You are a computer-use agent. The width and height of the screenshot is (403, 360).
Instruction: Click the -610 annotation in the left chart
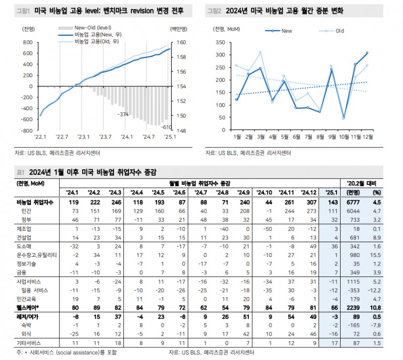tap(166, 127)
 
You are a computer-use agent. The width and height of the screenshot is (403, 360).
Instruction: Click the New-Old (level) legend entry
tap(93, 28)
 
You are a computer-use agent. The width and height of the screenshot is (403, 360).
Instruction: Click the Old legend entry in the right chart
tap(340, 31)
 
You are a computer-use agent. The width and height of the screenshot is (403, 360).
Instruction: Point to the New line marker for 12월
tap(367, 53)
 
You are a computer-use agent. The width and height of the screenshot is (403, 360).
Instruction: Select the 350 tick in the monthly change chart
tap(220, 43)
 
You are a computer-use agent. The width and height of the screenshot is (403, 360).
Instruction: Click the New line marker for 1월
tap(236, 100)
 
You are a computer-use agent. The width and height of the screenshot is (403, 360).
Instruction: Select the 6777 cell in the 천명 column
tap(354, 202)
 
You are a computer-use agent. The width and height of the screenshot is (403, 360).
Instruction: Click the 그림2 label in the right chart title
tap(214, 10)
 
